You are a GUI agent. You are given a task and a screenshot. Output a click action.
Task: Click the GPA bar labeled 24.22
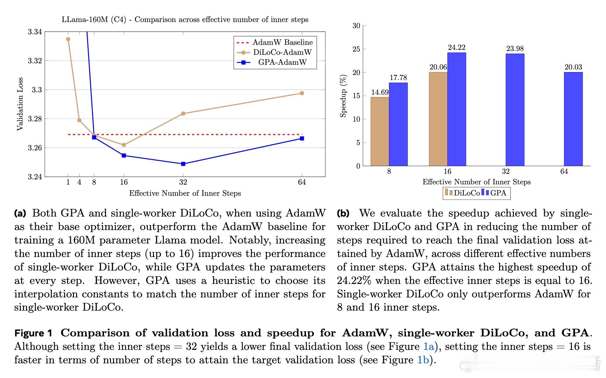click(x=456, y=109)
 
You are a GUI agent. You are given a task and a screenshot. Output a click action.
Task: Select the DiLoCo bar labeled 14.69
click(x=380, y=131)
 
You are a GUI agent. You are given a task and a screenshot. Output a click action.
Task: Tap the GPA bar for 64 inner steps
click(x=573, y=119)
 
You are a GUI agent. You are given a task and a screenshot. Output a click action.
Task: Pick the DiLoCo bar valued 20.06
click(x=438, y=119)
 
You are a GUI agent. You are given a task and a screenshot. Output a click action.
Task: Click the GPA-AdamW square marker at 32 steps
click(x=183, y=164)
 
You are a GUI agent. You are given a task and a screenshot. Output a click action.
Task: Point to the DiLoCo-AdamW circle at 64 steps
click(x=302, y=93)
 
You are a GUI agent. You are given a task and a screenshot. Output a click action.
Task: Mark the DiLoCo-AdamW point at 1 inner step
click(x=68, y=39)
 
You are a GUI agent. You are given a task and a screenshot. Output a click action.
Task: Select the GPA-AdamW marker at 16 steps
click(x=124, y=155)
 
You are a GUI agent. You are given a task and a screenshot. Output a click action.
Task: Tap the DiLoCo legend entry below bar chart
click(x=463, y=193)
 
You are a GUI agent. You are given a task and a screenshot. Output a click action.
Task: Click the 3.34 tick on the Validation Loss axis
click(x=35, y=32)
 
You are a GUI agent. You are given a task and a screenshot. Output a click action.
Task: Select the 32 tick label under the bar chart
click(x=506, y=171)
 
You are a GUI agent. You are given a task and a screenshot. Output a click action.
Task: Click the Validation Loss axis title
click(x=20, y=104)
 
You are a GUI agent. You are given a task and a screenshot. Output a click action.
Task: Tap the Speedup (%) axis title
click(x=343, y=96)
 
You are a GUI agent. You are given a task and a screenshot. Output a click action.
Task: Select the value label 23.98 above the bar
click(x=515, y=49)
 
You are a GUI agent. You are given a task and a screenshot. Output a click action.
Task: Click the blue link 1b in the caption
click(x=423, y=360)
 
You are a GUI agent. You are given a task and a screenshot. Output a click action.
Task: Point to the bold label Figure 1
click(x=33, y=333)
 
